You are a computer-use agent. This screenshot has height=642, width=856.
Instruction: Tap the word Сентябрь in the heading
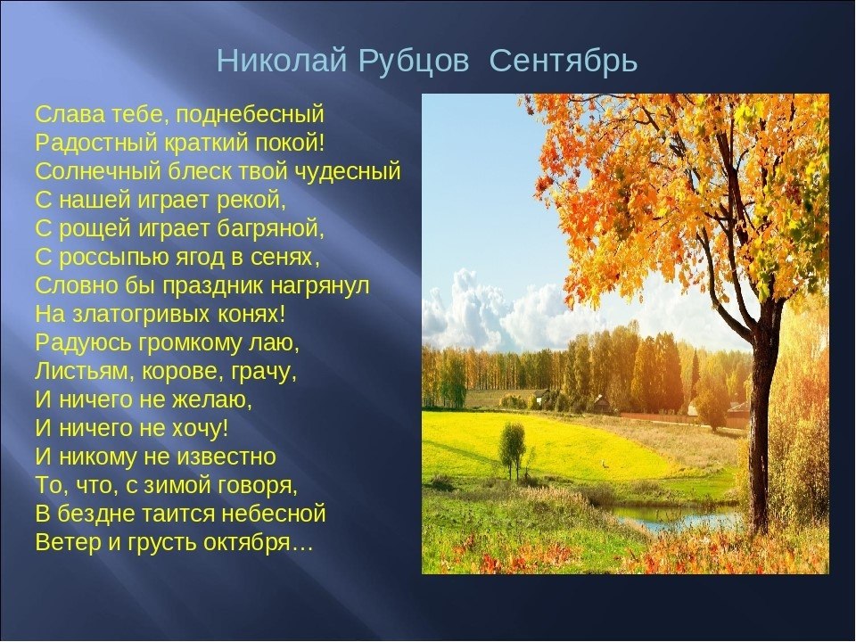(x=564, y=63)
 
